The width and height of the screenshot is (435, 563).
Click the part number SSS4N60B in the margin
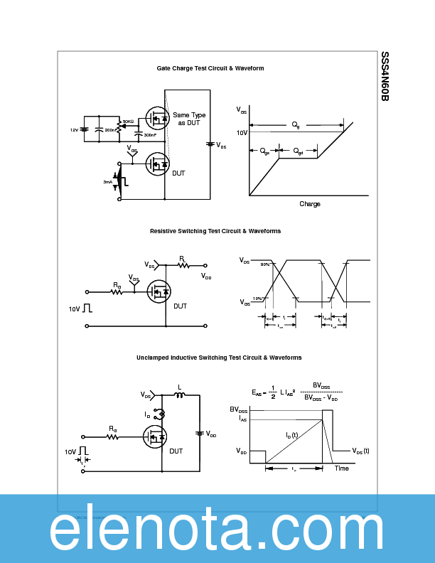[x=385, y=76]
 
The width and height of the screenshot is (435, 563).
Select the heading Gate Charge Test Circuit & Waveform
[x=210, y=68]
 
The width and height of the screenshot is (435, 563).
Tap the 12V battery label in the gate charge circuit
[x=73, y=130]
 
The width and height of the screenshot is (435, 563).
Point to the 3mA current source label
[x=107, y=182]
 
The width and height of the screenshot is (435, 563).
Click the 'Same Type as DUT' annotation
[x=189, y=119]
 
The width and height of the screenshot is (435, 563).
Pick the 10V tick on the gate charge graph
[x=242, y=132]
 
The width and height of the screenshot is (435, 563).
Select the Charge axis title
[x=310, y=204]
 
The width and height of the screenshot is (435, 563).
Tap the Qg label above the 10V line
[x=296, y=124]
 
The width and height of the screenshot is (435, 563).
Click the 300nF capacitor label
[x=150, y=134]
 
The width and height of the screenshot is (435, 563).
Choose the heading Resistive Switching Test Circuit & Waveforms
[x=215, y=231]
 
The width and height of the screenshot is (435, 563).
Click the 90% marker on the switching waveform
[x=264, y=264]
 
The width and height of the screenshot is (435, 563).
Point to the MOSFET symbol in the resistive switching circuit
[x=158, y=291]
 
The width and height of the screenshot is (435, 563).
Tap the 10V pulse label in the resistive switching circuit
[x=74, y=309]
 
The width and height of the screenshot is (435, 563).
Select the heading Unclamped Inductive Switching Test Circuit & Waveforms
[x=219, y=358]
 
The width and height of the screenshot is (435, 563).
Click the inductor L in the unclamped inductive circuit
[x=179, y=395]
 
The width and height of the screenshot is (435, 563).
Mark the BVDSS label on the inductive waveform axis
[x=239, y=410]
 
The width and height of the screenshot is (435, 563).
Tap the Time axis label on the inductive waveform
[x=342, y=468]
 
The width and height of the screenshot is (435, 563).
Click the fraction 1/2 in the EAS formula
[x=272, y=392]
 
